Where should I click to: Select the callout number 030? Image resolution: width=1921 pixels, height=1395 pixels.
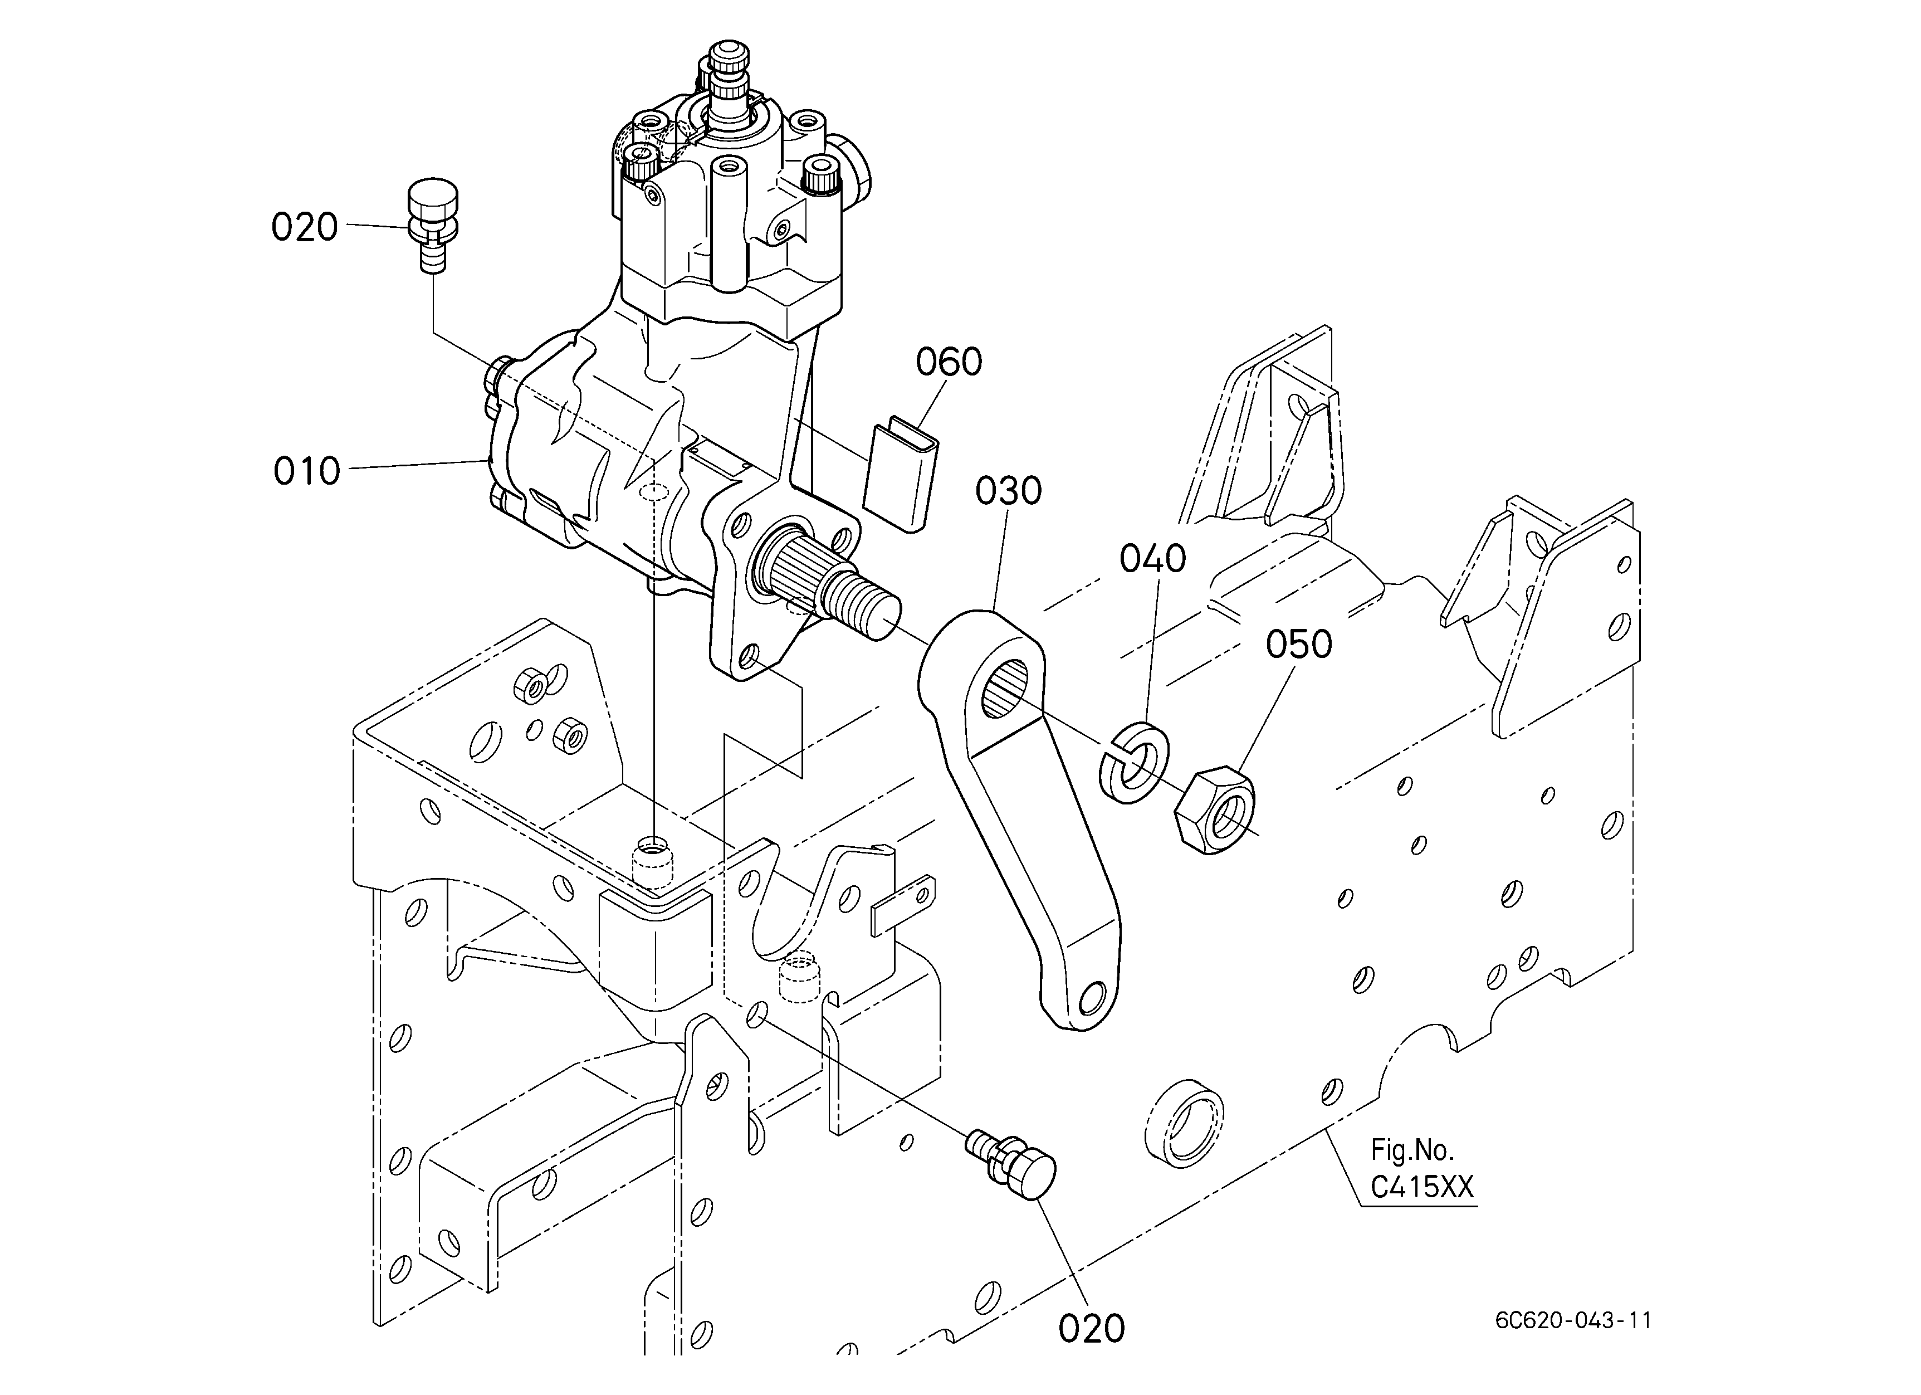(1008, 491)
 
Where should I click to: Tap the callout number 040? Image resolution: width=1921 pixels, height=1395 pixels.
(1153, 559)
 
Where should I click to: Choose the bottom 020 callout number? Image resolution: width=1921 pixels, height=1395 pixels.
(1091, 1329)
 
